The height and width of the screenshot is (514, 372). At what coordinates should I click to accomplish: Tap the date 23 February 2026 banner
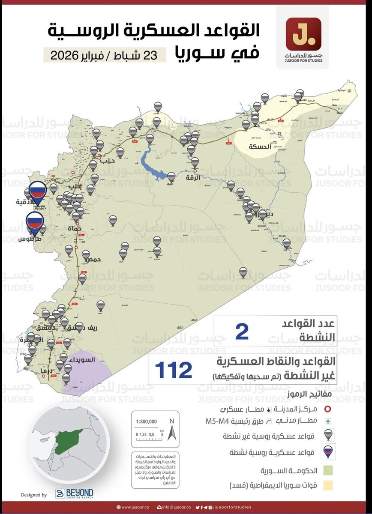click(x=105, y=55)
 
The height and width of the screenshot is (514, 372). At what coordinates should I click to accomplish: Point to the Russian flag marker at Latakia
click(x=37, y=191)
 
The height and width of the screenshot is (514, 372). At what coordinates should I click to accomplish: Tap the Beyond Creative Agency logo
click(x=74, y=493)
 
